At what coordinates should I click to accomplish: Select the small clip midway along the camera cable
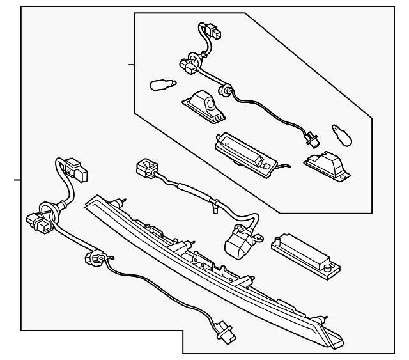pos(216,205)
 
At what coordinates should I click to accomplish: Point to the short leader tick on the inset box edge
pos(131,65)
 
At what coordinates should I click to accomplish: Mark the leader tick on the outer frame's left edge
pos(18,181)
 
